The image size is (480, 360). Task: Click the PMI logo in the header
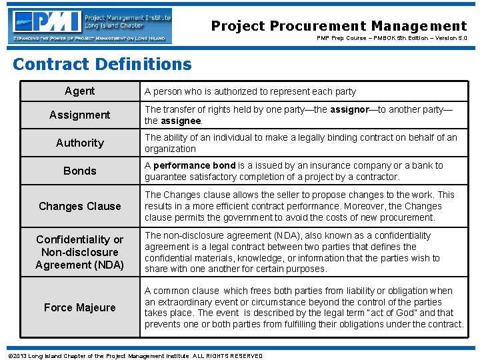(90, 25)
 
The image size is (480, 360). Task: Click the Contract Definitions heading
(102, 64)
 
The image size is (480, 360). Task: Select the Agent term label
(79, 91)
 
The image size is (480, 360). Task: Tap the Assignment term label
(79, 115)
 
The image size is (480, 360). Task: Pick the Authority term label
(79, 143)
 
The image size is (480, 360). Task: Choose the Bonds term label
(79, 171)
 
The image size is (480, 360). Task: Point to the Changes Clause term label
(79, 206)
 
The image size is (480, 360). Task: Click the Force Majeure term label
(79, 307)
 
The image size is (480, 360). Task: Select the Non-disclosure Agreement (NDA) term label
(79, 252)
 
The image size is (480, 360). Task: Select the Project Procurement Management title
(339, 26)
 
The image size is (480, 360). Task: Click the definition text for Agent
(250, 91)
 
